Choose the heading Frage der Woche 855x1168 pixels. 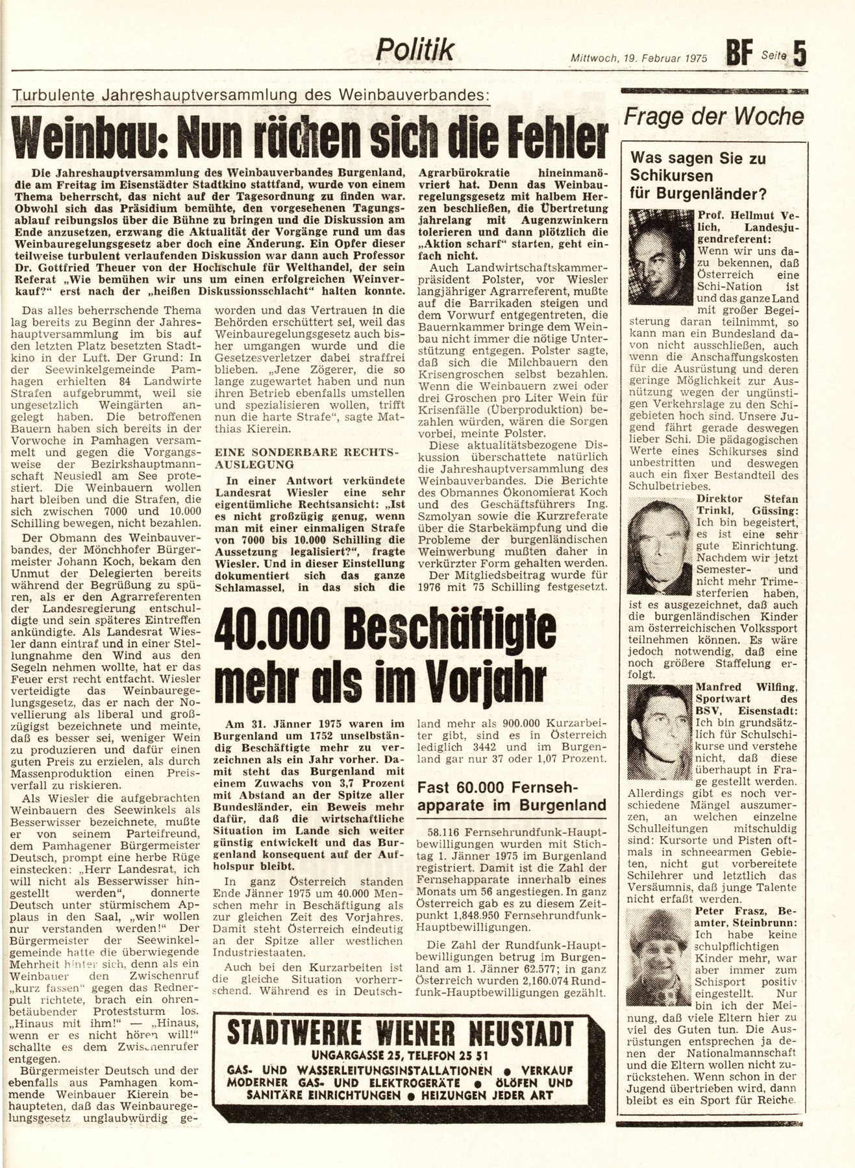[713, 117]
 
